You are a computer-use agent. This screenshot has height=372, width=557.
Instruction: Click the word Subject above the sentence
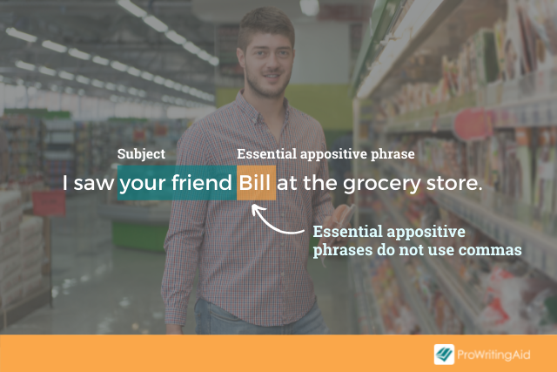click(x=141, y=154)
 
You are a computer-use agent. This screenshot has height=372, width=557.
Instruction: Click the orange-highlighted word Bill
click(x=254, y=183)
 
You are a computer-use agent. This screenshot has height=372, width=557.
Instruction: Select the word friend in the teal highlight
click(x=201, y=183)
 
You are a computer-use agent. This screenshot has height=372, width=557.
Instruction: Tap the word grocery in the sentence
click(x=381, y=184)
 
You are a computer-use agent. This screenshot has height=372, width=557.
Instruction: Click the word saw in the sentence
click(x=94, y=184)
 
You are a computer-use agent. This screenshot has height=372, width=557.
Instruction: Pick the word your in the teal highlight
click(x=143, y=184)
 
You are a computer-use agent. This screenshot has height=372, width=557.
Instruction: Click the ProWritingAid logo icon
click(x=444, y=355)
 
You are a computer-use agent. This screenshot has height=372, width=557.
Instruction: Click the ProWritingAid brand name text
click(x=493, y=355)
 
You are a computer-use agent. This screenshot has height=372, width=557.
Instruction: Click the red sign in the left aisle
click(x=49, y=204)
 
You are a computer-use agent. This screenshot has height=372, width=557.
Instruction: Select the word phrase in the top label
click(x=393, y=155)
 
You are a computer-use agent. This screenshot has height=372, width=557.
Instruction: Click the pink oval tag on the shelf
click(x=472, y=125)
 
